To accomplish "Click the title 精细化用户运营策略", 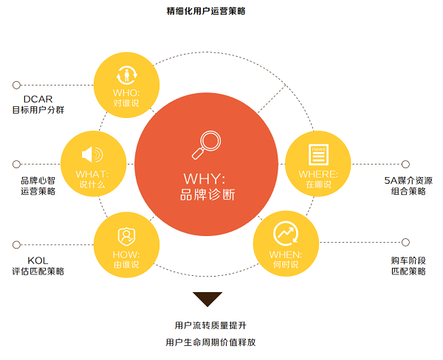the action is pyautogui.click(x=206, y=11).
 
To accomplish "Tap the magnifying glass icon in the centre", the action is pyautogui.click(x=207, y=145).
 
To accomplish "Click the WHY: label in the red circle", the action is pyautogui.click(x=205, y=179).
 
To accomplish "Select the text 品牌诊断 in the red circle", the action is pyautogui.click(x=207, y=195).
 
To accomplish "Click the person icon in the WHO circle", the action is pyautogui.click(x=126, y=75).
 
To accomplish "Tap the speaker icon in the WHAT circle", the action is pyautogui.click(x=92, y=154).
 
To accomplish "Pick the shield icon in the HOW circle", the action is pyautogui.click(x=126, y=237).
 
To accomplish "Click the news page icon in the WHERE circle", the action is pyautogui.click(x=318, y=154).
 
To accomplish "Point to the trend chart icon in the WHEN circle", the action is pyautogui.click(x=286, y=234).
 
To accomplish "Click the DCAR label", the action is pyautogui.click(x=38, y=99).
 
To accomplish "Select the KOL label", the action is pyautogui.click(x=38, y=260).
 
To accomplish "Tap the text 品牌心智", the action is pyautogui.click(x=38, y=181).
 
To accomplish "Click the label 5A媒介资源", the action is pyautogui.click(x=408, y=181).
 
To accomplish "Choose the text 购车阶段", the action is pyautogui.click(x=408, y=260).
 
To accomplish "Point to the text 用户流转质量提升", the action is pyautogui.click(x=210, y=325).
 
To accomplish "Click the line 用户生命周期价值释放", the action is pyautogui.click(x=210, y=342).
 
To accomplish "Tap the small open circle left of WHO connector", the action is pyautogui.click(x=17, y=85).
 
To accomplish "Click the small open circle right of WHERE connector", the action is pyautogui.click(x=405, y=164).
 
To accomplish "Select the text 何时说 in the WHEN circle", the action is pyautogui.click(x=286, y=265).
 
